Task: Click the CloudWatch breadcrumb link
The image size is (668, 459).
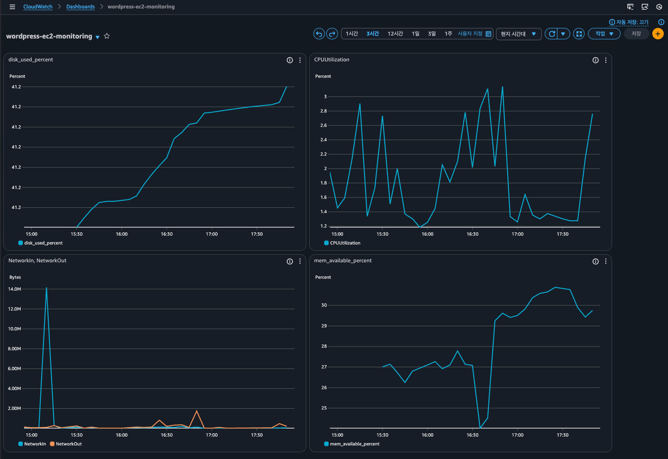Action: (38, 6)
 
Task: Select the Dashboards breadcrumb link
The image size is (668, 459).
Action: (80, 6)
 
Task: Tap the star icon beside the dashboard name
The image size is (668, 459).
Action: (107, 36)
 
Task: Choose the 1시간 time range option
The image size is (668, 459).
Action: (352, 34)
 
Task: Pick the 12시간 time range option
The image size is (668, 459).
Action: (395, 34)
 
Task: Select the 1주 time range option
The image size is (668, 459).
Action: (448, 34)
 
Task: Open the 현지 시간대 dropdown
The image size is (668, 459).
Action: (518, 34)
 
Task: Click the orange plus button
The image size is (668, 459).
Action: (658, 34)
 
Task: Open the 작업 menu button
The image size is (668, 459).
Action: (604, 34)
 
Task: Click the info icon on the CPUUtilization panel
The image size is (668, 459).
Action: (596, 60)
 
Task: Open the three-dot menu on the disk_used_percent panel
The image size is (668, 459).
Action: (300, 60)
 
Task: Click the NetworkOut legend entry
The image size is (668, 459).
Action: (66, 444)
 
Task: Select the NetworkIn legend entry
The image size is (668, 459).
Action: (32, 444)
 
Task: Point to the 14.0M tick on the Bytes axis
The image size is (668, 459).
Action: (14, 289)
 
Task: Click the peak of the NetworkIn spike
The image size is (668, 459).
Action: (47, 288)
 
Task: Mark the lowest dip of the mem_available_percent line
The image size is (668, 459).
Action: (480, 428)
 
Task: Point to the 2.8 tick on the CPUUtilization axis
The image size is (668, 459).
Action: (324, 111)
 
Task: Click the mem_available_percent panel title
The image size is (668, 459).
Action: (343, 261)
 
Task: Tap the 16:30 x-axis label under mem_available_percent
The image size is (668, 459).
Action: (472, 435)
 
